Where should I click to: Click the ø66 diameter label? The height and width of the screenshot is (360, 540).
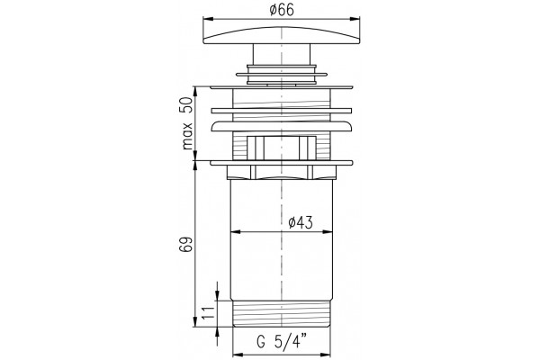(x=282, y=10)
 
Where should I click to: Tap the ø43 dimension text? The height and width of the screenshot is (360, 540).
(x=301, y=223)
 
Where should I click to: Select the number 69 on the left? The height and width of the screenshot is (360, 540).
(x=184, y=245)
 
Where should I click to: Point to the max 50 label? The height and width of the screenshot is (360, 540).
(x=187, y=123)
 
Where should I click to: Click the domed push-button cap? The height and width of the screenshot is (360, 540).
(x=282, y=35)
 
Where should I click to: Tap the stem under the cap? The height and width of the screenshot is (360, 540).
(x=282, y=54)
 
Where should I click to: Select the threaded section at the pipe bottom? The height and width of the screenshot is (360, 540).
(x=282, y=314)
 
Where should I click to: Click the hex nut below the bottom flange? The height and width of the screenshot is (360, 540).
(x=282, y=173)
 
